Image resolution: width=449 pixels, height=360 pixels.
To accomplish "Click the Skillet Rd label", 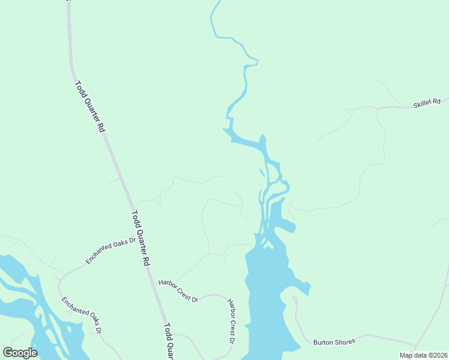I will click(427, 104).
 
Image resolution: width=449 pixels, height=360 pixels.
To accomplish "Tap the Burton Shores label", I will click(334, 342).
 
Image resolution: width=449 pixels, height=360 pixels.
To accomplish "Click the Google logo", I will click(20, 352).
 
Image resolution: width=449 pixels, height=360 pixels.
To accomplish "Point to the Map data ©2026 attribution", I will click(423, 355).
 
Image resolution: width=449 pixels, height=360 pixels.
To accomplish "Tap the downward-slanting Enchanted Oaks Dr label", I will click(82, 315).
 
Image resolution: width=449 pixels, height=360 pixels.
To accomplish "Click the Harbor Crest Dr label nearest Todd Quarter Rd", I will click(178, 290).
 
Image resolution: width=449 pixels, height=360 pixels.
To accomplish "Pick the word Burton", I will click(323, 343).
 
